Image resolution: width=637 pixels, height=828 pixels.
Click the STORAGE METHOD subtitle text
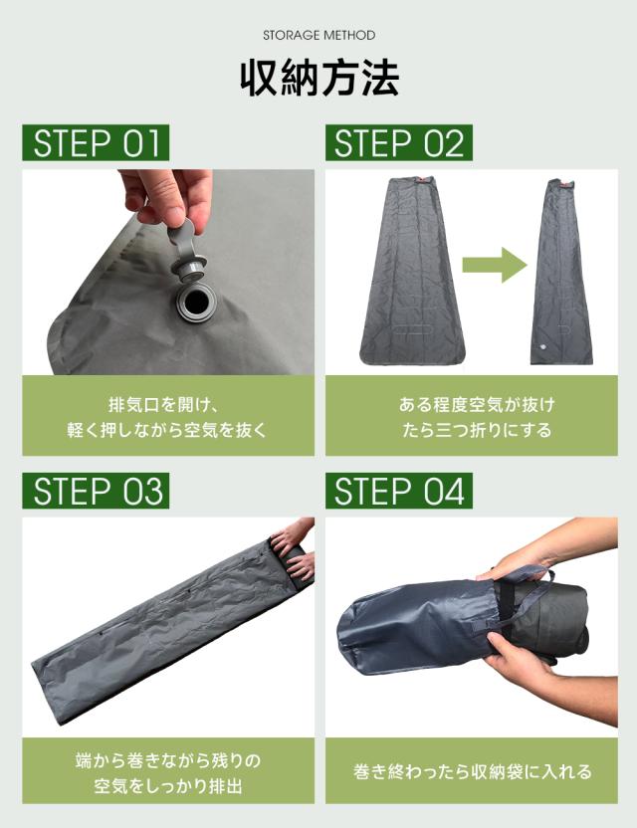click(319, 36)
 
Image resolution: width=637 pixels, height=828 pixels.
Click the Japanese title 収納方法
click(319, 79)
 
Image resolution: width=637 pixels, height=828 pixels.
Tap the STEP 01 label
click(96, 142)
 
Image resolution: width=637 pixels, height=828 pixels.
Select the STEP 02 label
click(399, 142)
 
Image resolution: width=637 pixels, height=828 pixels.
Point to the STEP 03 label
click(96, 491)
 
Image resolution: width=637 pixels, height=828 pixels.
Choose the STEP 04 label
click(399, 491)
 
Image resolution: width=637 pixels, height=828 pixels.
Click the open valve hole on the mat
click(198, 305)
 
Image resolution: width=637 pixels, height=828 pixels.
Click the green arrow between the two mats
click(495, 265)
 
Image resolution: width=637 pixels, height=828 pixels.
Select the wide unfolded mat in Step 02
click(412, 271)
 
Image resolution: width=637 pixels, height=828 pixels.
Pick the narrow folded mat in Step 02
click(561, 272)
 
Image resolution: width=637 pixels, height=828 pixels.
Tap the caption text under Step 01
click(167, 417)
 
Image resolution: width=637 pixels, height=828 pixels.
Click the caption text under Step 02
click(477, 417)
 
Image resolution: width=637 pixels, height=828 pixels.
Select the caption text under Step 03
click(168, 773)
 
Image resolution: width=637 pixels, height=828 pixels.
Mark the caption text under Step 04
click(472, 771)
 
